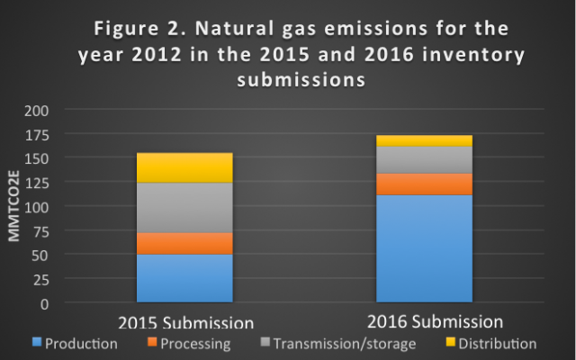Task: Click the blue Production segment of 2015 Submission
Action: tap(184, 278)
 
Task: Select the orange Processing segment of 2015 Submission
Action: tap(184, 244)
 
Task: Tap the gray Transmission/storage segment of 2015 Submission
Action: tap(184, 208)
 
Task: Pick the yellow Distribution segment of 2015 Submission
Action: tap(184, 167)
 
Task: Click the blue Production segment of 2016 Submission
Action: tap(424, 248)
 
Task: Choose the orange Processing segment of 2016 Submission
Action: tap(424, 184)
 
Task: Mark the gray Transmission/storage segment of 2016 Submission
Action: tap(424, 160)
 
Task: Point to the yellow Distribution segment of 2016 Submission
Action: tap(424, 140)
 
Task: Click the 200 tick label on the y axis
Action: tap(36, 111)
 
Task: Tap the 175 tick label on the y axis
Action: tap(37, 136)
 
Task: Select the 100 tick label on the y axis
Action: tap(36, 208)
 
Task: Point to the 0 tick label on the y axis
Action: tap(44, 304)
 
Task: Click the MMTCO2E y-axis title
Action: tap(14, 206)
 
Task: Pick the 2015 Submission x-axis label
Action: tap(186, 322)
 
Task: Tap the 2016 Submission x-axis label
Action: tap(435, 322)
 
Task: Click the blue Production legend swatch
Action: tap(37, 342)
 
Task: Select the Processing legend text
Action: tap(195, 344)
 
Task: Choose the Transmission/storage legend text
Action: tap(345, 344)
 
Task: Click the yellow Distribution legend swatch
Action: tap(450, 342)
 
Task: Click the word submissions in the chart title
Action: tap(301, 79)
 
